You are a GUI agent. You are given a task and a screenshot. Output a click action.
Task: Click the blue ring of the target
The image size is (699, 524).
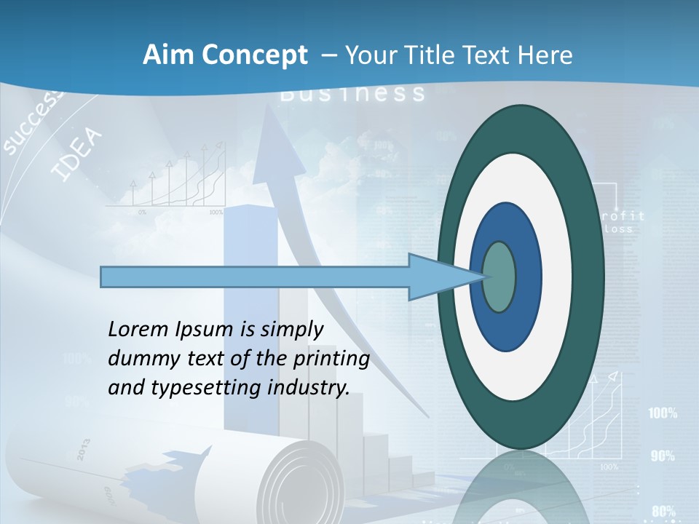[x=529, y=277]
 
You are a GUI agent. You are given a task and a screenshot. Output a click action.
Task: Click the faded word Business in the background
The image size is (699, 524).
[x=352, y=93]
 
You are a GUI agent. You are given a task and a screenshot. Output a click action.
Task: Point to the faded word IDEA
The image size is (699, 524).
[x=77, y=154]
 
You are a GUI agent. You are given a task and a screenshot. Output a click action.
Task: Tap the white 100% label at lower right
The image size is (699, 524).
[x=663, y=413]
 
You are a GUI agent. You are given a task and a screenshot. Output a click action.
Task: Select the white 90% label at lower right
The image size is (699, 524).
[x=663, y=456]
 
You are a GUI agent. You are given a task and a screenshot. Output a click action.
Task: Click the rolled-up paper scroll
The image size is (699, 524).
[x=291, y=477]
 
